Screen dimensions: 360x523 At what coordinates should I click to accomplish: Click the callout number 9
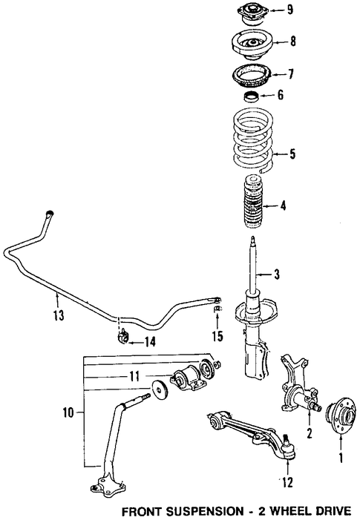[x=290, y=10]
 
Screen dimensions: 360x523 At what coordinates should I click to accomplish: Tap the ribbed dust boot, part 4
[x=253, y=201]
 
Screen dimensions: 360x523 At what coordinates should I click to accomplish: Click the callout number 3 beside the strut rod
[x=276, y=274]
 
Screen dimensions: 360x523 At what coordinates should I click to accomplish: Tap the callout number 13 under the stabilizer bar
[x=59, y=315]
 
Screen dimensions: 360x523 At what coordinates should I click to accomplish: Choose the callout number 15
[x=217, y=336]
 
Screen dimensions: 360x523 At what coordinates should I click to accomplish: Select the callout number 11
[x=134, y=377]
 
